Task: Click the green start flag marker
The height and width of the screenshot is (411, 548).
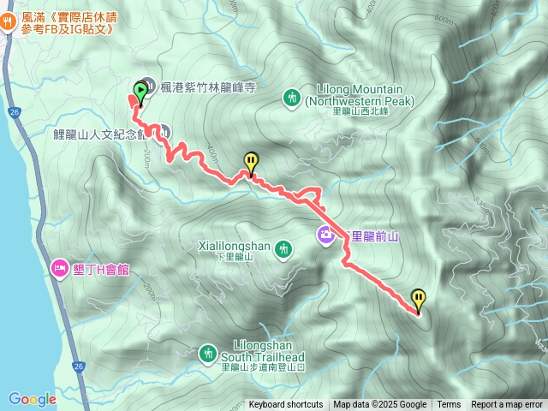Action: click(x=140, y=89)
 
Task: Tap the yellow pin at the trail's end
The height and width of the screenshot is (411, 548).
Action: click(x=418, y=300)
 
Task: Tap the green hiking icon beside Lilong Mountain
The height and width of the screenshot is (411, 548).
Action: click(x=292, y=98)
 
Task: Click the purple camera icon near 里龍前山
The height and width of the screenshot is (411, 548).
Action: click(x=326, y=234)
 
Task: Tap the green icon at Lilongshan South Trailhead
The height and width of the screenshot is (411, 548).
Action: click(x=207, y=352)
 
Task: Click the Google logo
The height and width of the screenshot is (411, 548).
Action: click(x=32, y=399)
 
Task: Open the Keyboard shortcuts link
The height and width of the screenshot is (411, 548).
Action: click(x=286, y=405)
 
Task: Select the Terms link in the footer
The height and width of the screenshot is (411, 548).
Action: click(x=449, y=405)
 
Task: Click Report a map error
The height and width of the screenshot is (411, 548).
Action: click(x=507, y=405)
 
